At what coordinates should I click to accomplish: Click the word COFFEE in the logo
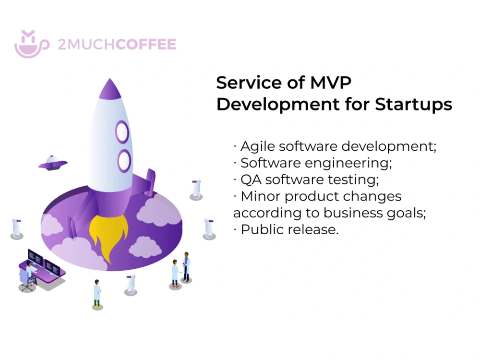click(146, 45)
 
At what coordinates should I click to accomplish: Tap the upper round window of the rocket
click(122, 131)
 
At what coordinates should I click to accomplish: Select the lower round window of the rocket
click(125, 160)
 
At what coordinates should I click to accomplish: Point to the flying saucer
click(52, 163)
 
